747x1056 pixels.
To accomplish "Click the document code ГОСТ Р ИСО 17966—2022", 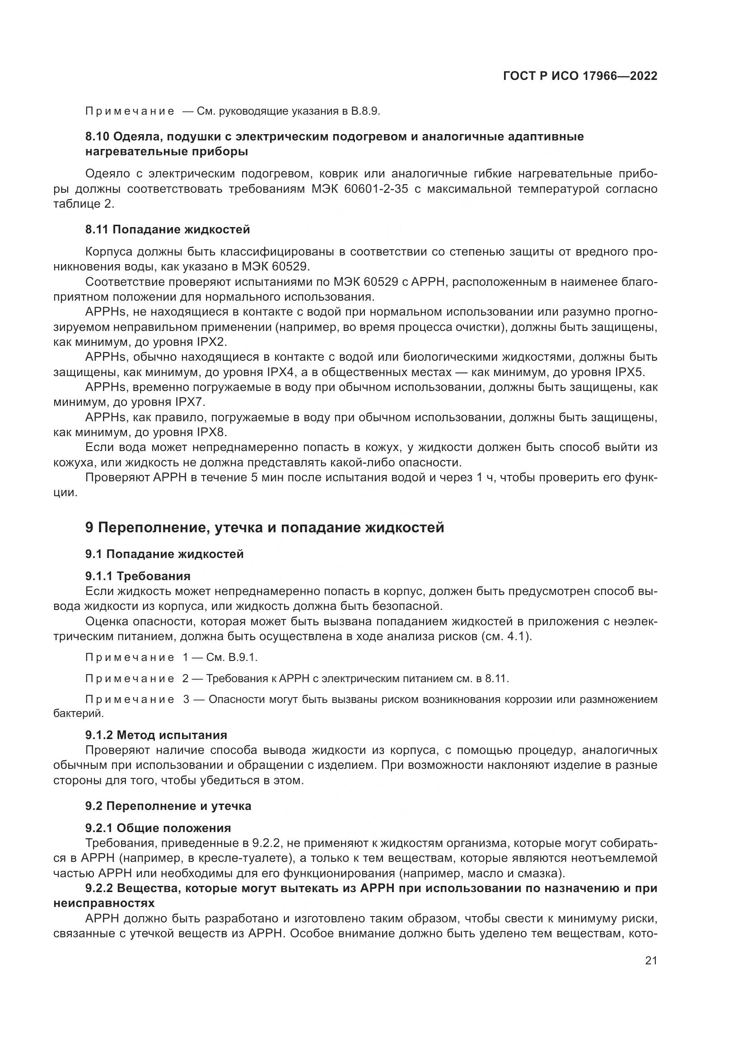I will [580, 76].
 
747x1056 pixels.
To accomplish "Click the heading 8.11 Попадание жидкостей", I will [168, 229].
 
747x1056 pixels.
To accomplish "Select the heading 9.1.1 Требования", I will [138, 576].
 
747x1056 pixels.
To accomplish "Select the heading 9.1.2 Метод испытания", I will [156, 735].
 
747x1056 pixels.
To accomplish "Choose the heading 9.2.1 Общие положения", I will [158, 828].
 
